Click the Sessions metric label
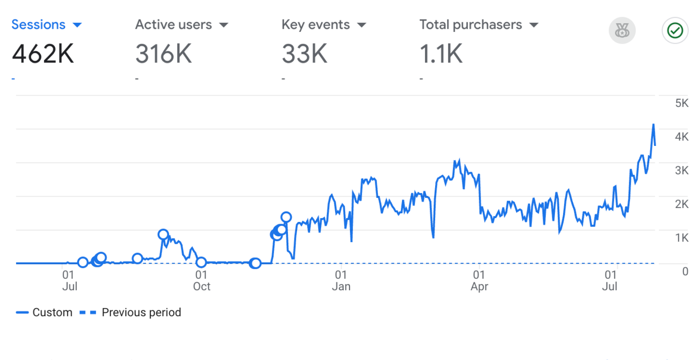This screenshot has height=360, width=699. [38, 25]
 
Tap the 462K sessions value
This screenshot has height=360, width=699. [43, 54]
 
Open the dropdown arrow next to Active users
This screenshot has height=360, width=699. [224, 25]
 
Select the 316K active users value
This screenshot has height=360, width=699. [163, 54]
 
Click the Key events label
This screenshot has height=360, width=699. [315, 25]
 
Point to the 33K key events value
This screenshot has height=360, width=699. [305, 54]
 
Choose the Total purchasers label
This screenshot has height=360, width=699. [471, 25]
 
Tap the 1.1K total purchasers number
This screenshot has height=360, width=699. [441, 54]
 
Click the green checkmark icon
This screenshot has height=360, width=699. [675, 31]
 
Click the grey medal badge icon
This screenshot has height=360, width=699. [622, 31]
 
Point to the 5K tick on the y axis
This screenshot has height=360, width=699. [682, 104]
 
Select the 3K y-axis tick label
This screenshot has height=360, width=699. [682, 171]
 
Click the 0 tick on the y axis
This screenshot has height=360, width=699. [685, 272]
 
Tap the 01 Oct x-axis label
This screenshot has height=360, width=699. [201, 281]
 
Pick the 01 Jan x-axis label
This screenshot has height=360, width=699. [341, 281]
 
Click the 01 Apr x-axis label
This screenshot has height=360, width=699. [479, 281]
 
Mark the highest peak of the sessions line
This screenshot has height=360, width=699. [653, 125]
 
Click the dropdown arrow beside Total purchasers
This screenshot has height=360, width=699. [533, 25]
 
